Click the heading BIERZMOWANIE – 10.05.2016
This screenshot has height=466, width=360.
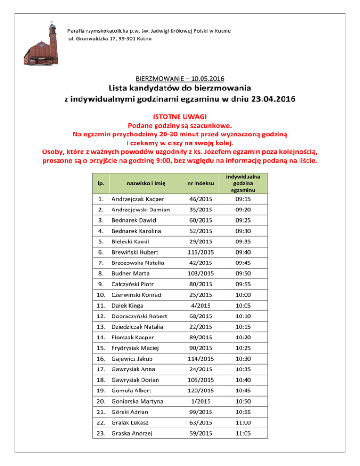[x=180, y=78]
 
